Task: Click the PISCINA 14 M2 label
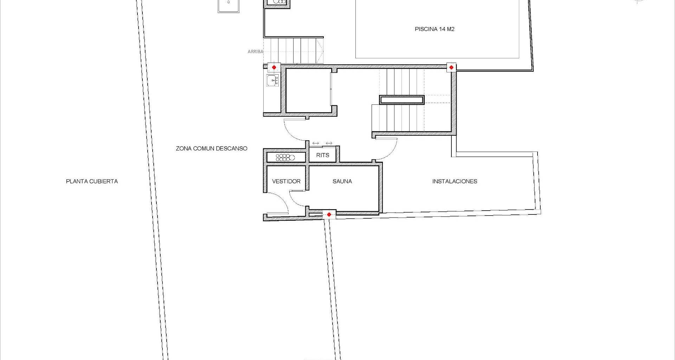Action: coord(435,29)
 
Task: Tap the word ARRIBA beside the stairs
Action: coord(255,52)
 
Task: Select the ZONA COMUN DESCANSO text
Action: coord(212,149)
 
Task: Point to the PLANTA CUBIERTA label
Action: coord(92,181)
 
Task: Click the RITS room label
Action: coord(323,155)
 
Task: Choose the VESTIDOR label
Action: coord(286,181)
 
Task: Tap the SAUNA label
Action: coord(342,181)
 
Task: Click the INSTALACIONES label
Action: coord(455,181)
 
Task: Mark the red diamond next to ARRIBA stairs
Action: coord(274,67)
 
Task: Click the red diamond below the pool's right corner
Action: coord(451,67)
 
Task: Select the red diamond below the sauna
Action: coord(329,214)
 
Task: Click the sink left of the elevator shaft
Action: coord(272,81)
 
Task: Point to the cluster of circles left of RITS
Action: coord(285,157)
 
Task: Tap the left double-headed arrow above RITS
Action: coord(316,143)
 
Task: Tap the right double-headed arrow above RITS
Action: coord(329,143)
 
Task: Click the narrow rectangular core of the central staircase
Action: coord(401,100)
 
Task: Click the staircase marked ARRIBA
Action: coord(293,51)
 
